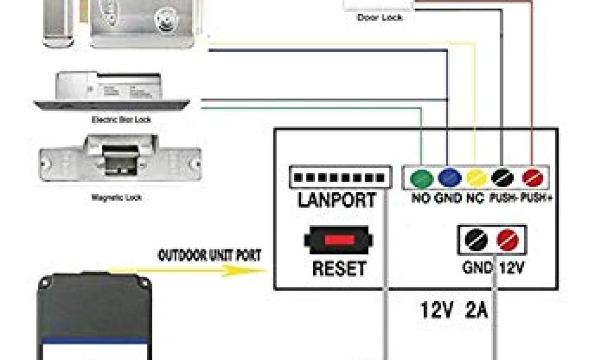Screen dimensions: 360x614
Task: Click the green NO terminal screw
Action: (x=422, y=178)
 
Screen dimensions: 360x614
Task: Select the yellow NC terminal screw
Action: (x=476, y=178)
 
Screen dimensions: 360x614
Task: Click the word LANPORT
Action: (x=338, y=200)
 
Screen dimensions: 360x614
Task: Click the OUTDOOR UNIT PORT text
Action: (x=209, y=255)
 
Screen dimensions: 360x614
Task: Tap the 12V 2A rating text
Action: (x=455, y=311)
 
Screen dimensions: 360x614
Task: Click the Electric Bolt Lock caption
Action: (x=121, y=120)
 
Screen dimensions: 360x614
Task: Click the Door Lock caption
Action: (x=380, y=18)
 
